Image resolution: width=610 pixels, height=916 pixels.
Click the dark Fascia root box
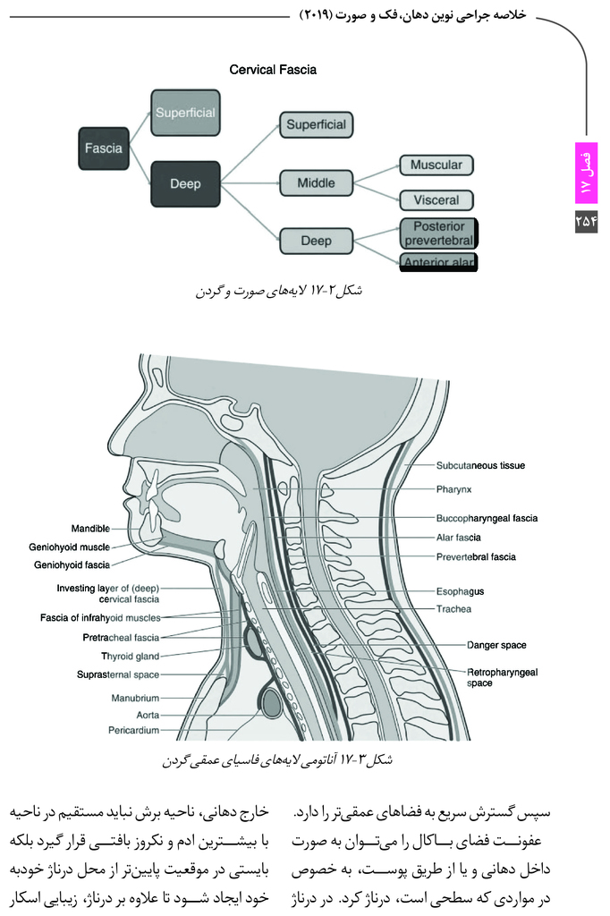click(x=104, y=148)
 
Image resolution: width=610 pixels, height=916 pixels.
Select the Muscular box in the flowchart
click(x=436, y=165)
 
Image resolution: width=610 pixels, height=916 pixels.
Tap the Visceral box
click(x=436, y=200)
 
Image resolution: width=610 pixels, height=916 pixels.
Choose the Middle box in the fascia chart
click(x=316, y=182)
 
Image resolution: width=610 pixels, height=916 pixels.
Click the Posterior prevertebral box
click(x=438, y=233)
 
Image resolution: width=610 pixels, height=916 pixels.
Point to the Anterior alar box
click(x=438, y=262)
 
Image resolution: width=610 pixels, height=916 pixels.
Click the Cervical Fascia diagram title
click(x=273, y=70)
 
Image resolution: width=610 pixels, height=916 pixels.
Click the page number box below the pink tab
click(x=586, y=221)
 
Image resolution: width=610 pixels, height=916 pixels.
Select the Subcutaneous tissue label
click(x=480, y=465)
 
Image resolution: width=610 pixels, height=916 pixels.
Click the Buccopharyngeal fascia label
click(x=487, y=518)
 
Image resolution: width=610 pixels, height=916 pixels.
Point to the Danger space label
click(x=496, y=645)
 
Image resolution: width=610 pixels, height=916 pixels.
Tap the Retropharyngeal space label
click(x=502, y=678)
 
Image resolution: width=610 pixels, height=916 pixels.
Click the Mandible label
click(x=90, y=529)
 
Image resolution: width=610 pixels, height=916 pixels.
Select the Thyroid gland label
click(x=130, y=657)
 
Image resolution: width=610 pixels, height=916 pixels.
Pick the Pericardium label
click(x=134, y=730)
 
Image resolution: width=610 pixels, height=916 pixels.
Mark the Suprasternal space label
click(x=118, y=674)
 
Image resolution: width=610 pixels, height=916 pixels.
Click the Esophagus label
click(x=460, y=591)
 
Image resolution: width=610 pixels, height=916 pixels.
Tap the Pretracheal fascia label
click(x=121, y=637)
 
